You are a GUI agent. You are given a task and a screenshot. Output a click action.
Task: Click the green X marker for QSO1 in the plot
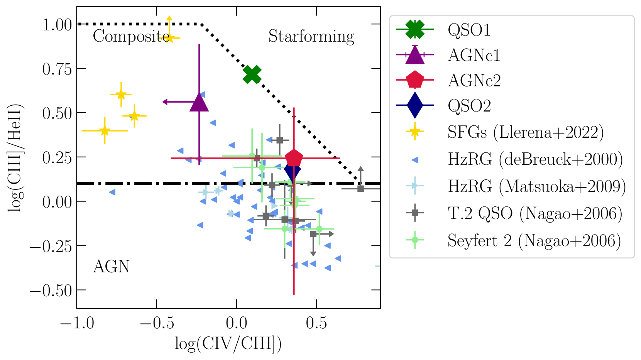[x=252, y=74]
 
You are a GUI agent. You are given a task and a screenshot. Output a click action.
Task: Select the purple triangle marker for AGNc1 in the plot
[x=199, y=103]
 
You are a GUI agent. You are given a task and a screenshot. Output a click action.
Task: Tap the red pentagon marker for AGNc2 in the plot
[x=294, y=158]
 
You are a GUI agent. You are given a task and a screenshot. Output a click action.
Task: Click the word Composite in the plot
[x=131, y=37]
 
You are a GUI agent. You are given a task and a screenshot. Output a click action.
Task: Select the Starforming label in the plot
[x=311, y=37]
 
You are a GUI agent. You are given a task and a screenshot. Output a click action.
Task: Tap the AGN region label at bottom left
[x=111, y=267]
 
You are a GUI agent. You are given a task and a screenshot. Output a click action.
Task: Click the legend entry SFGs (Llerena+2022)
[x=525, y=132]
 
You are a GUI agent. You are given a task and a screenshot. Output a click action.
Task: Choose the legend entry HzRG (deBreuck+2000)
[x=535, y=159]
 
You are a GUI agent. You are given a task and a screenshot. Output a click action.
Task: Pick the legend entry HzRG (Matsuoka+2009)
[x=536, y=186]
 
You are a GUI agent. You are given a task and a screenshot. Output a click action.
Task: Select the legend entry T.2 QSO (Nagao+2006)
[x=535, y=213]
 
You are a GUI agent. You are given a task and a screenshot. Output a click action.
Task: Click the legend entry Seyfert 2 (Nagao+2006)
[x=534, y=240]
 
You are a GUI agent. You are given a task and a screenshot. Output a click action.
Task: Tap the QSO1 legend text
[x=469, y=30]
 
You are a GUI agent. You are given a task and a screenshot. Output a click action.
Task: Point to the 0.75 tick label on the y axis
[x=57, y=69]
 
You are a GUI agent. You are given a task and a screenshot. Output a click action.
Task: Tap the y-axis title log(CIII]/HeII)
[x=15, y=157]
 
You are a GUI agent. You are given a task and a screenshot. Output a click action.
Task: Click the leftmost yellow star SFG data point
[x=105, y=131]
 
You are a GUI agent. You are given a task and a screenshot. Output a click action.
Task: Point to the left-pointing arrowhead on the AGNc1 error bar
[x=165, y=102]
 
